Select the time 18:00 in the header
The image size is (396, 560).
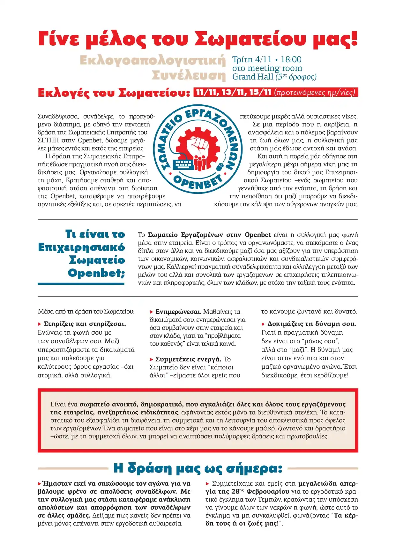[x=291, y=59]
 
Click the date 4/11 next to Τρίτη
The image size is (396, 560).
[x=263, y=59]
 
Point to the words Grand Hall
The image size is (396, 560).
[x=253, y=77]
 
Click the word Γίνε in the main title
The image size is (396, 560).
[x=59, y=39]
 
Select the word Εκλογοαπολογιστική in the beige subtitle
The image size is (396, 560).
[x=153, y=60]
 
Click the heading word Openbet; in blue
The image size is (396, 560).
[x=96, y=273]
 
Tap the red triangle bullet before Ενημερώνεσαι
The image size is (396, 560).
[x=152, y=312]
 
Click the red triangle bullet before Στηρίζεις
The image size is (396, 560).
[x=40, y=324]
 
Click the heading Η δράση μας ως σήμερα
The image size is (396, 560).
[x=198, y=468]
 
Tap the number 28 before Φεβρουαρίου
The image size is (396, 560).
[x=235, y=491]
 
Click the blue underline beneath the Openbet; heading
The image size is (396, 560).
[x=81, y=284]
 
